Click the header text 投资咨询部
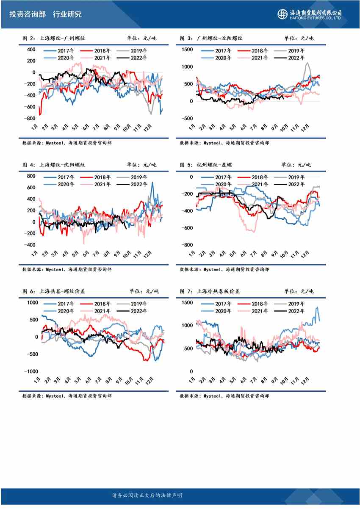(x=26, y=14)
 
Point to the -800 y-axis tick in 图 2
(x=30, y=118)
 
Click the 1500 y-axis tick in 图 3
(x=187, y=50)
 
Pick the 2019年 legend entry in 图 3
(x=290, y=51)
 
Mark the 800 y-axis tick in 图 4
(x=30, y=176)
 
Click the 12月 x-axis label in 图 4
(x=148, y=255)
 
